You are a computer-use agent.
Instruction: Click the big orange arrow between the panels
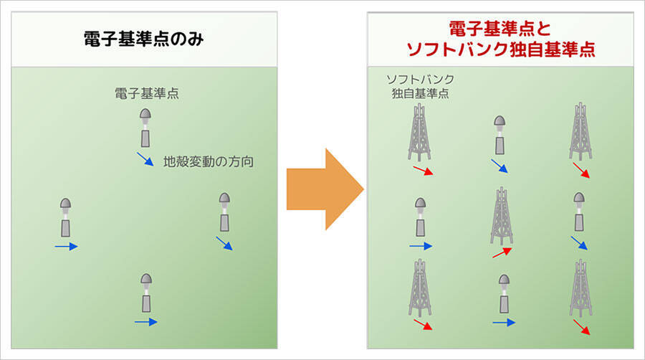click(325, 189)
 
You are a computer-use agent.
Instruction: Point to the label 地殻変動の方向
click(209, 161)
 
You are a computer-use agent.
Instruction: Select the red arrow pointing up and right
click(502, 252)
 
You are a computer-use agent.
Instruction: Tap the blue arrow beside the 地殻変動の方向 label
click(145, 159)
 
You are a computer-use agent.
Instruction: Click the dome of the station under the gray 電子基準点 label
click(145, 115)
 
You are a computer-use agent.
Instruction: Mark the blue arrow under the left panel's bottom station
click(145, 322)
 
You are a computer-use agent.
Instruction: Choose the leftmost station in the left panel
click(66, 218)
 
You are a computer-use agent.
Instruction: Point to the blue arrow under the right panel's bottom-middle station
click(503, 323)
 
